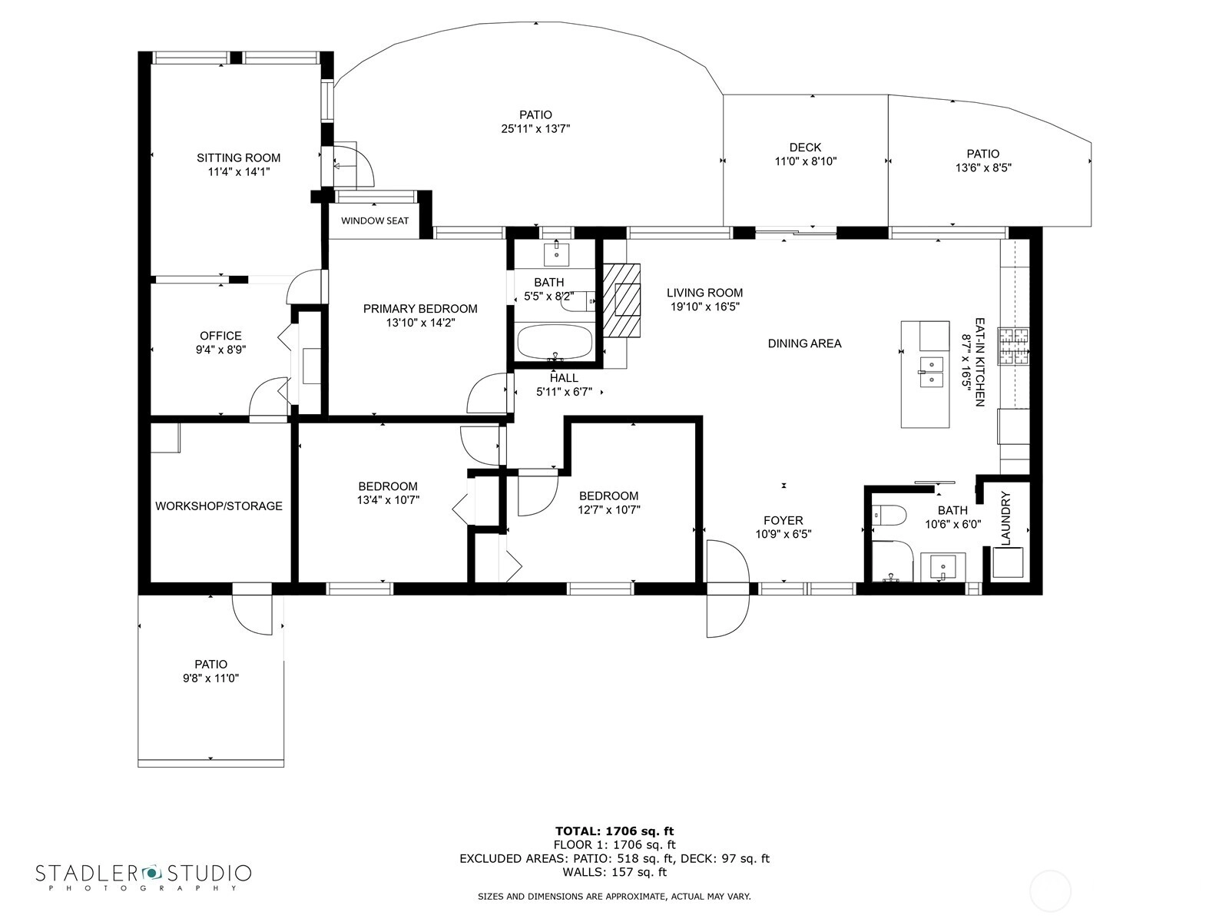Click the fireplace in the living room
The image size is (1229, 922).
[621, 300]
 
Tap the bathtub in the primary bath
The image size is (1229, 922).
[555, 342]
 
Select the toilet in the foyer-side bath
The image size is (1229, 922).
[889, 515]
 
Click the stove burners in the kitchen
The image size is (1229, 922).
[1013, 346]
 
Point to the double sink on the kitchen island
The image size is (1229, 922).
[930, 373]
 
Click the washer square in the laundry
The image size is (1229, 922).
[1008, 562]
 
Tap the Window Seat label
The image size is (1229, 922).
[375, 221]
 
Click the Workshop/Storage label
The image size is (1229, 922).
[218, 506]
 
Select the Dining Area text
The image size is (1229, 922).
[804, 343]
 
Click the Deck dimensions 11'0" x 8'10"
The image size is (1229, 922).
[805, 162]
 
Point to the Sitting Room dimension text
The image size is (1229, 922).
[239, 172]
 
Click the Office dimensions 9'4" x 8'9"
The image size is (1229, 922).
[220, 350]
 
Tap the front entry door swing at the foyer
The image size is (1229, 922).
[728, 589]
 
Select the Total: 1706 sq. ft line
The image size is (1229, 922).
[614, 831]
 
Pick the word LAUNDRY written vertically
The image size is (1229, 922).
[1005, 519]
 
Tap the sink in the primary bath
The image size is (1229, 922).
[557, 255]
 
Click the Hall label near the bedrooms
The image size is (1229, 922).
[563, 378]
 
